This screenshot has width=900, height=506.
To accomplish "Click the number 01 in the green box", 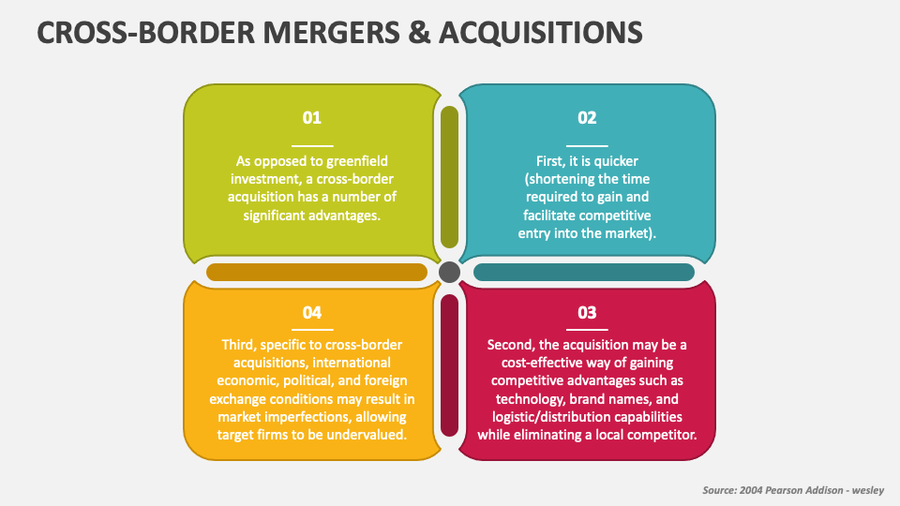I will click(311, 118).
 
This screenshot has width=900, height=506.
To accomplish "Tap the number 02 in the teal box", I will click(587, 118).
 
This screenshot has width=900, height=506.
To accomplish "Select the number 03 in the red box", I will click(587, 312).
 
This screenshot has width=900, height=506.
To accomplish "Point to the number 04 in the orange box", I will click(311, 312).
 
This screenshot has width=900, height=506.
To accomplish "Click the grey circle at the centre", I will click(449, 272).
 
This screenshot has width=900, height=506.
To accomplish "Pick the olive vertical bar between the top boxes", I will click(449, 177).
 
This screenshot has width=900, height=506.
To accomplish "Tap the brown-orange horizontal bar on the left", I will click(316, 272).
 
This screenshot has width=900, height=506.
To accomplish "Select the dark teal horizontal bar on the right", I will click(583, 272).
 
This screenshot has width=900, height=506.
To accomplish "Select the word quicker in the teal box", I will click(616, 160).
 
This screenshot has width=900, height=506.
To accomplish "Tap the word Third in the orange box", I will click(239, 344).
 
